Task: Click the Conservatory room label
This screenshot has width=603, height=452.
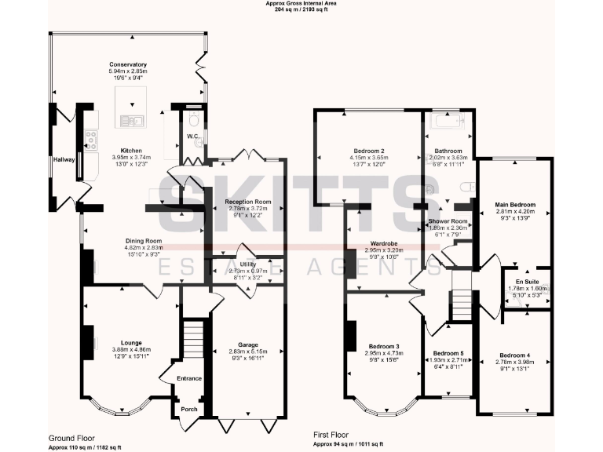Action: click(128, 64)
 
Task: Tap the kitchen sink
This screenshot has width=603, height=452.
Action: click(130, 120)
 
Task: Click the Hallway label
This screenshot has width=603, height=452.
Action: click(64, 160)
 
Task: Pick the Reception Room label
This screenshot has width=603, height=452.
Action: click(243, 202)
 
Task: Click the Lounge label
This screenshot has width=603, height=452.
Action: click(130, 342)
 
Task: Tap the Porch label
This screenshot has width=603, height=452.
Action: click(188, 410)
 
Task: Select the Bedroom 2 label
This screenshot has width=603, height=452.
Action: click(368, 151)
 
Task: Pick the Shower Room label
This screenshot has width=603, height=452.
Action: click(448, 221)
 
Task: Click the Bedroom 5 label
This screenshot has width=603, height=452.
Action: click(448, 353)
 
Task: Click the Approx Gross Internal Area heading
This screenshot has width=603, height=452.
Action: click(301, 4)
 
